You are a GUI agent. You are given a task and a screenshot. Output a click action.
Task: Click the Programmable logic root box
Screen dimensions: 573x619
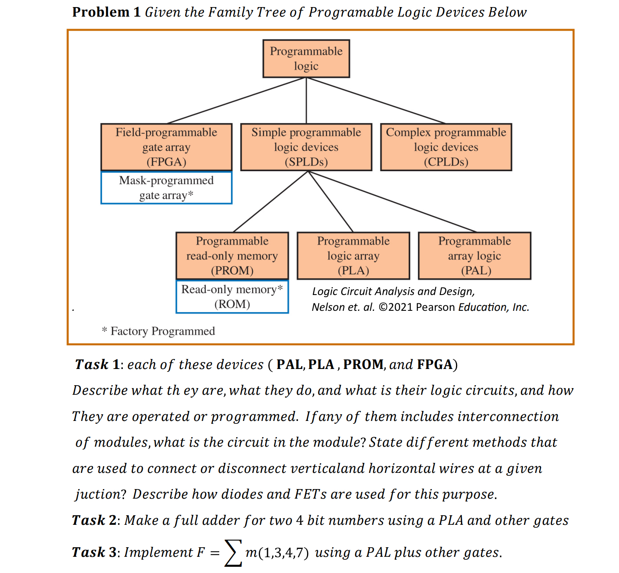tap(306, 59)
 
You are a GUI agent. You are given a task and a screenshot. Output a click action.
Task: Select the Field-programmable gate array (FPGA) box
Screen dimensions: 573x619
tap(166, 147)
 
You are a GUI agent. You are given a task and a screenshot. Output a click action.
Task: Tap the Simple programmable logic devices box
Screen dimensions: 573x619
tap(306, 147)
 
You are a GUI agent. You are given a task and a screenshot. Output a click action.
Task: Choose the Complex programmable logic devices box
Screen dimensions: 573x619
tap(446, 147)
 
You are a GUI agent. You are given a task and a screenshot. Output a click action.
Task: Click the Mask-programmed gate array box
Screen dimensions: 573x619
tap(166, 188)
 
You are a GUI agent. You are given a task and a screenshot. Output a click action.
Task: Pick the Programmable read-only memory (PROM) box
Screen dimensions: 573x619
tap(232, 256)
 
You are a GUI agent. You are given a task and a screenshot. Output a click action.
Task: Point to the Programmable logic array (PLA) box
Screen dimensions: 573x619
tap(353, 256)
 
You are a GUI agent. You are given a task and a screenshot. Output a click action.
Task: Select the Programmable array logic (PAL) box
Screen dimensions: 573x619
tap(474, 256)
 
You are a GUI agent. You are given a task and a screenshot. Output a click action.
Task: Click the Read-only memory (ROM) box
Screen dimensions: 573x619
tap(232, 297)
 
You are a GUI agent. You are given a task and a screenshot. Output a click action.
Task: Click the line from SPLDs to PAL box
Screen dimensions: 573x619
tap(393, 202)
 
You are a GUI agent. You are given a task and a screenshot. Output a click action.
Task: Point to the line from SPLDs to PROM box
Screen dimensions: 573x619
tap(270, 202)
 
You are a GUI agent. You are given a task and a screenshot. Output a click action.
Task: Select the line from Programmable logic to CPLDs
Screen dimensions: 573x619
tap(376, 101)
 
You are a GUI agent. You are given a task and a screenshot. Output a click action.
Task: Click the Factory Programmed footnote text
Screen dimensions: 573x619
tap(158, 331)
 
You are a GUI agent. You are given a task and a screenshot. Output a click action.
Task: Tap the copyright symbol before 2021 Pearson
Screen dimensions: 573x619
tap(383, 307)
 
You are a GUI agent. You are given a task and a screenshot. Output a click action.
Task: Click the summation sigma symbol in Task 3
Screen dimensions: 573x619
tap(233, 553)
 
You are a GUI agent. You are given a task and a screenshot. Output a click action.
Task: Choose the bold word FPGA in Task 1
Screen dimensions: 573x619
tap(435, 364)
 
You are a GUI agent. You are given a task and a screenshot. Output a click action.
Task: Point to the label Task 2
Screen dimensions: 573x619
tap(94, 520)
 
